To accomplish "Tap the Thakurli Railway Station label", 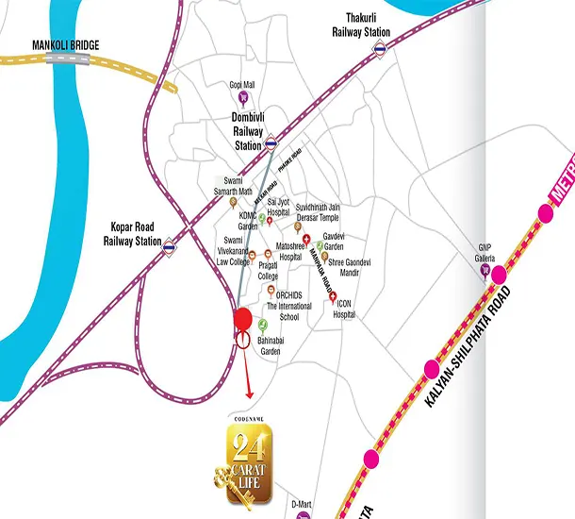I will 360,25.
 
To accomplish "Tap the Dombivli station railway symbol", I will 271,143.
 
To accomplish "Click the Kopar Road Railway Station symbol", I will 170,249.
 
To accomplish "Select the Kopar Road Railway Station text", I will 133,235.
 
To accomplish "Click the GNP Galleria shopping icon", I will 485,271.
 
